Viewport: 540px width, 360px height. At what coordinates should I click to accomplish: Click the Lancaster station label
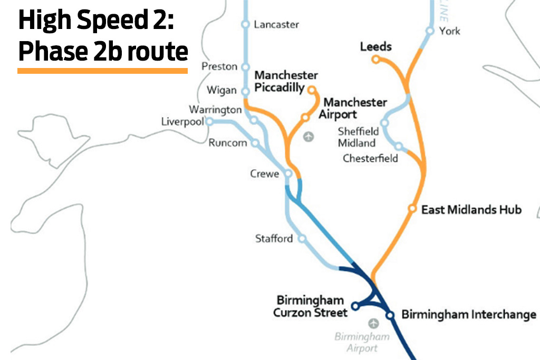pyautogui.click(x=276, y=24)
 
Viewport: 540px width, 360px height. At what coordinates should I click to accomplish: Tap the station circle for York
pyautogui.click(x=430, y=31)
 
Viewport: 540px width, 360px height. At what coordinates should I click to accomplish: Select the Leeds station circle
pyautogui.click(x=376, y=60)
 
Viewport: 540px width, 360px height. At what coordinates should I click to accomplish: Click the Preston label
pyautogui.click(x=219, y=66)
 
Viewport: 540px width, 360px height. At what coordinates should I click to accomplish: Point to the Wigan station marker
pyautogui.click(x=245, y=92)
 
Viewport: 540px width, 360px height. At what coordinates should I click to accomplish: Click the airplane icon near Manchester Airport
pyautogui.click(x=308, y=137)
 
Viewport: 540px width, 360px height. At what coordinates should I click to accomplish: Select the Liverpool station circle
pyautogui.click(x=209, y=122)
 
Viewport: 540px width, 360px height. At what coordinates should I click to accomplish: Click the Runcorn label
pyautogui.click(x=227, y=143)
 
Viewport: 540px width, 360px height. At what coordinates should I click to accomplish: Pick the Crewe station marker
pyautogui.click(x=288, y=173)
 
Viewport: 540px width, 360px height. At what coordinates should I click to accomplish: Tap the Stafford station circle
pyautogui.click(x=302, y=238)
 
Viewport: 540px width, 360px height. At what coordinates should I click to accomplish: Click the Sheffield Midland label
pyautogui.click(x=358, y=137)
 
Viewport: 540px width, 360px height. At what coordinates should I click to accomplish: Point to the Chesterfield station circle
pyautogui.click(x=399, y=146)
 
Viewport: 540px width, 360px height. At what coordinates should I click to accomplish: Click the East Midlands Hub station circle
pyautogui.click(x=412, y=209)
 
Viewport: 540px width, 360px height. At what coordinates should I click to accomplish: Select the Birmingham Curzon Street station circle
pyautogui.click(x=355, y=306)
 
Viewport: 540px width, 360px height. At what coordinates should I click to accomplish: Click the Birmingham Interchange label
pyautogui.click(x=468, y=315)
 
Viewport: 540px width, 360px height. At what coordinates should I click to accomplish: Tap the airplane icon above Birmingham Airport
pyautogui.click(x=374, y=323)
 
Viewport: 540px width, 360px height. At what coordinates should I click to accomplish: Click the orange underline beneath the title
pyautogui.click(x=103, y=70)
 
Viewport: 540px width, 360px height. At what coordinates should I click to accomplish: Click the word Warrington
pyautogui.click(x=215, y=110)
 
